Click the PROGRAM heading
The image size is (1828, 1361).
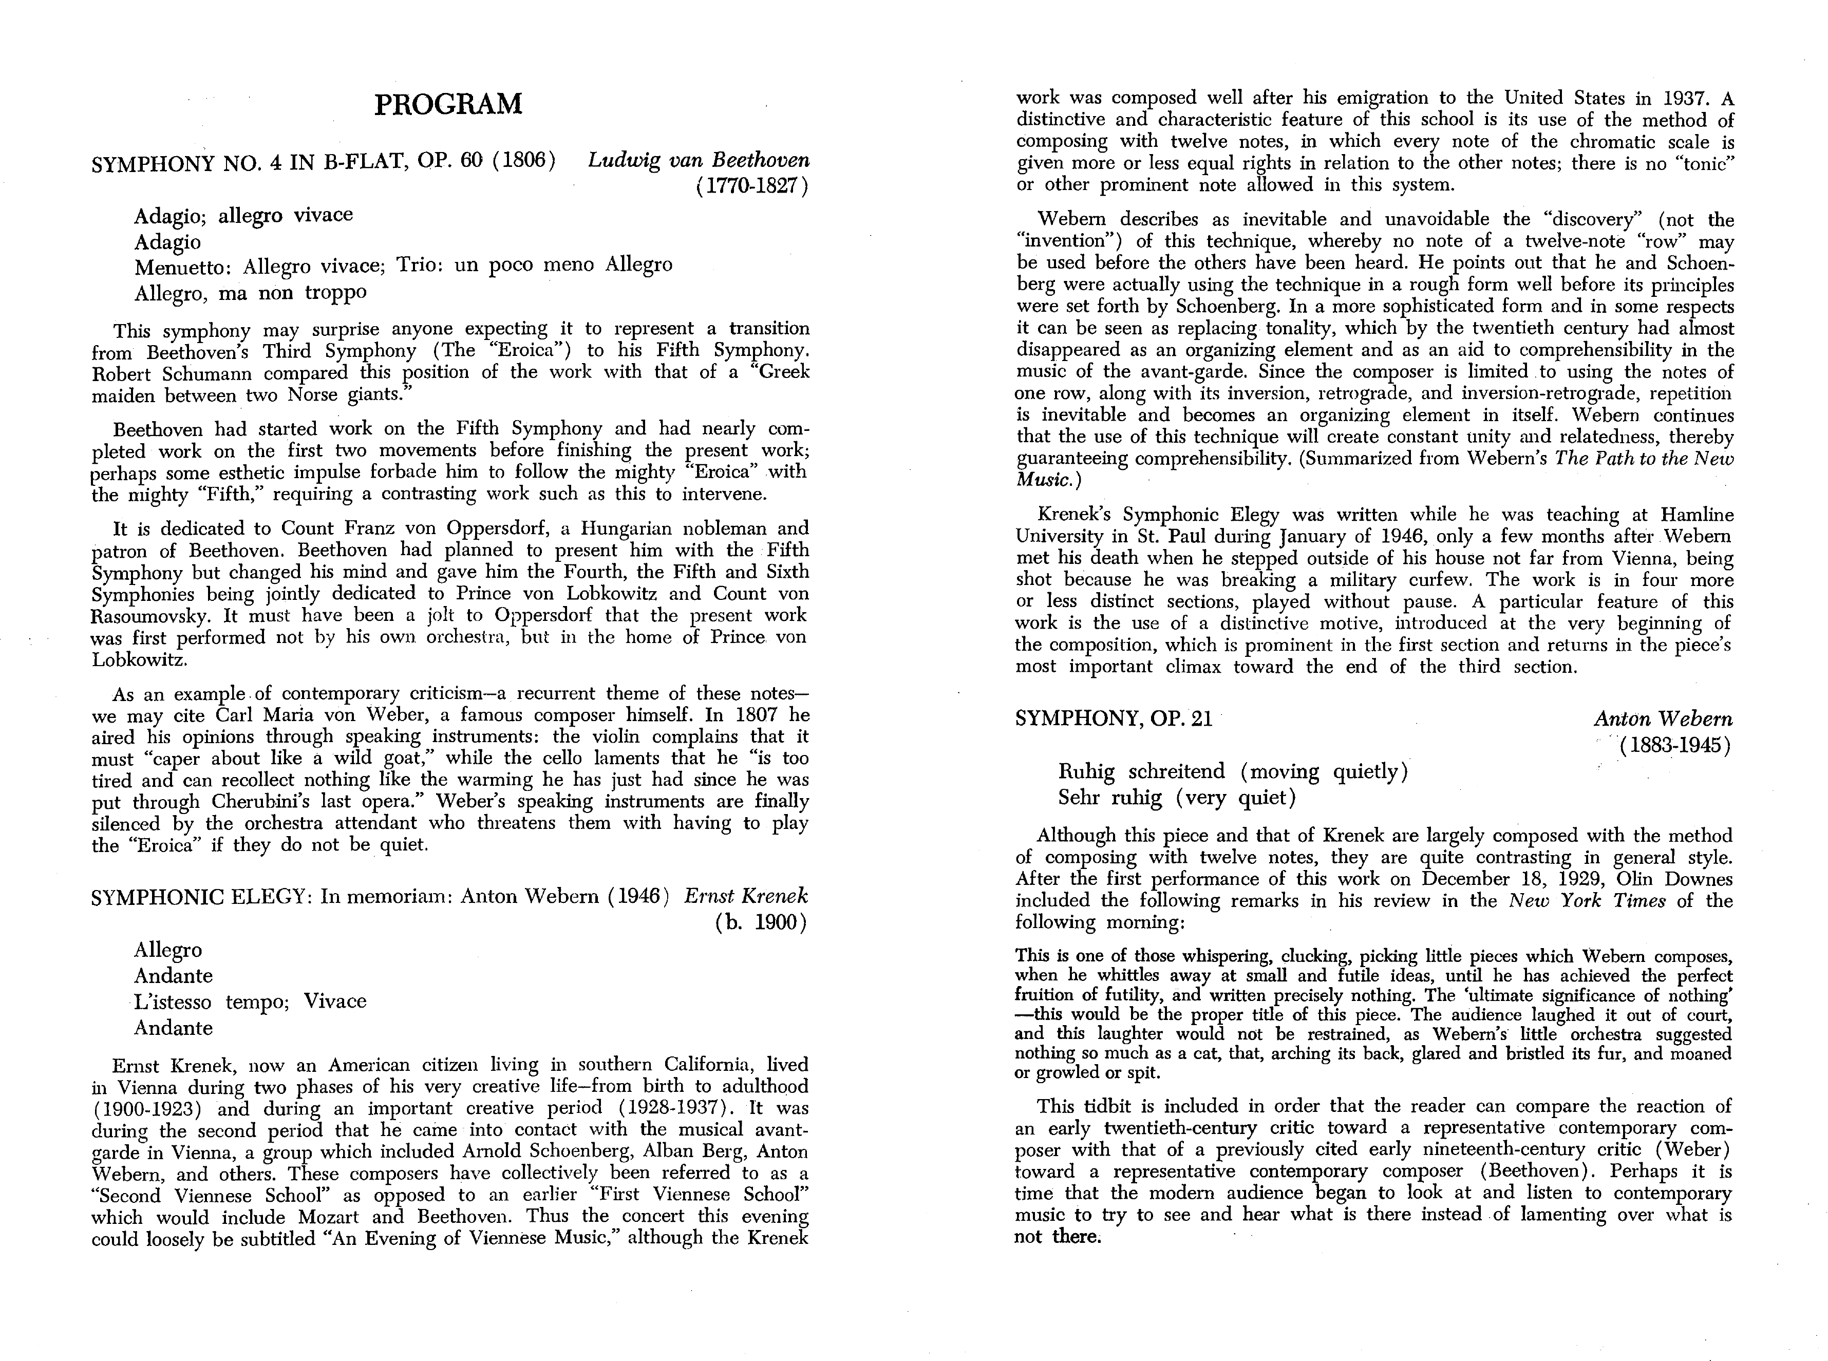coord(448,105)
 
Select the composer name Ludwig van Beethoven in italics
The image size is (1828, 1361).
coord(699,160)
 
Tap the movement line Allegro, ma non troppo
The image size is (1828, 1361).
coord(251,292)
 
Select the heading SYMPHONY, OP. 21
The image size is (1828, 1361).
coord(1114,719)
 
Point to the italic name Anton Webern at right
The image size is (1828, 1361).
coord(1663,719)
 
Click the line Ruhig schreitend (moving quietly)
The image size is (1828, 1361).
coord(1232,772)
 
